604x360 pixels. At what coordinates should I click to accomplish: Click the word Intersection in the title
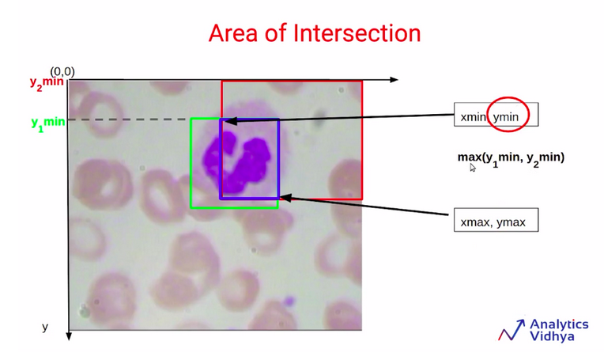(x=357, y=33)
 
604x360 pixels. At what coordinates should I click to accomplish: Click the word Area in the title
(x=233, y=33)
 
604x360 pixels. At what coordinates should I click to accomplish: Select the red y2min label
(x=47, y=84)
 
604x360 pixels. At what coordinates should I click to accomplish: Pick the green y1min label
(x=48, y=123)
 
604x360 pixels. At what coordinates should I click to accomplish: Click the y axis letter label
(x=45, y=328)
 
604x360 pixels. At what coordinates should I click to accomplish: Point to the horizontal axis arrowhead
(x=394, y=80)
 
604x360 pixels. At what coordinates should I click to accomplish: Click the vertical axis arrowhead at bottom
(x=69, y=335)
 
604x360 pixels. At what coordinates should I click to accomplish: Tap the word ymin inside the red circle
(x=506, y=117)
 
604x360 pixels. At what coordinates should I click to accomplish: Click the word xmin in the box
(x=474, y=117)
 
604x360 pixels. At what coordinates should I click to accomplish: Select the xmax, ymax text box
(x=496, y=220)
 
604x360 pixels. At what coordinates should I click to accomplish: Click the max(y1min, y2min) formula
(x=512, y=158)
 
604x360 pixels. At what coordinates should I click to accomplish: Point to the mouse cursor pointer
(x=473, y=167)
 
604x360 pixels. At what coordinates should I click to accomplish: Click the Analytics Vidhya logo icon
(x=512, y=330)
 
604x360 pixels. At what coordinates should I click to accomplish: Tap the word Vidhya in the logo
(x=552, y=335)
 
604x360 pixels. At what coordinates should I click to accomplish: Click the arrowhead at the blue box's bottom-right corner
(x=286, y=198)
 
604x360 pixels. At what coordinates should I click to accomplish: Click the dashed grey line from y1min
(x=130, y=119)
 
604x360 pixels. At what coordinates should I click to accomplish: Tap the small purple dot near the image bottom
(x=289, y=301)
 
